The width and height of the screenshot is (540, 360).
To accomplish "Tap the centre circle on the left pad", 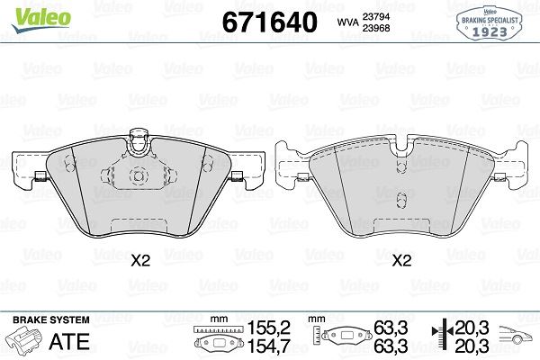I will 139,176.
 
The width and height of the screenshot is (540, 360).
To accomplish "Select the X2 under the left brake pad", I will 139,260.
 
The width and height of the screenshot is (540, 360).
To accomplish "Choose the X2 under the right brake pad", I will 401,260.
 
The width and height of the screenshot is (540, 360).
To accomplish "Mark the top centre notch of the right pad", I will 401,148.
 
